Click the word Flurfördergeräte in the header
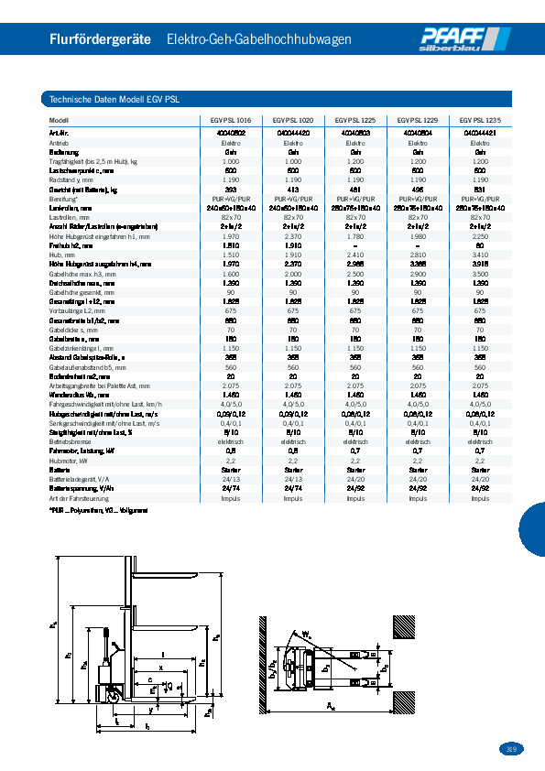[x=101, y=39]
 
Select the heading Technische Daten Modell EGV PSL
[x=114, y=99]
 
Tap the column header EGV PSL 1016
[x=231, y=120]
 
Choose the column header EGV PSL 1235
[x=480, y=120]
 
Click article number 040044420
[x=293, y=133]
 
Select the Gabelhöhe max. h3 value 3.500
[x=480, y=274]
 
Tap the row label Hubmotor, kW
[x=71, y=461]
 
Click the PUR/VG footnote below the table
[x=99, y=510]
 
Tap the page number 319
[x=512, y=748]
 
